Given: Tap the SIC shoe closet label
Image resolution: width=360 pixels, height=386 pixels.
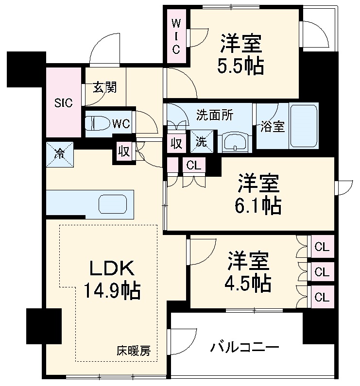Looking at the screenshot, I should point(63,103).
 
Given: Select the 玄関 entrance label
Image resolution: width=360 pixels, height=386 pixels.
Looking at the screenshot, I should point(104,88).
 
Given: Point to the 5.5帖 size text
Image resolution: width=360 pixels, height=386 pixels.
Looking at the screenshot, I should point(240,66).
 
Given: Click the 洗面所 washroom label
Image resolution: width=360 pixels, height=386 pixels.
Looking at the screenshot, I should point(214,115).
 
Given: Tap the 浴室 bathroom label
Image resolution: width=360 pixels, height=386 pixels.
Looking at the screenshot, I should point(272,126).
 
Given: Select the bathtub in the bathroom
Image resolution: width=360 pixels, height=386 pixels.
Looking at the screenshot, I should point(304,126).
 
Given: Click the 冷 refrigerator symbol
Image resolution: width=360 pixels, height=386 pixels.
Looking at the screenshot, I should point(60,154).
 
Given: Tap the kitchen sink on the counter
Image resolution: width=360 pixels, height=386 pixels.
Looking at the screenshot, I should point(113,204).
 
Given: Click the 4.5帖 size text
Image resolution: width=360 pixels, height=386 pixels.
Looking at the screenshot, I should point(248,283).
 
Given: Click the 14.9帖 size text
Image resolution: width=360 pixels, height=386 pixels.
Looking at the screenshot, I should point(112,291).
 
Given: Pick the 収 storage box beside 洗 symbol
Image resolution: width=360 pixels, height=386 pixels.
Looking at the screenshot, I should point(176,143).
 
